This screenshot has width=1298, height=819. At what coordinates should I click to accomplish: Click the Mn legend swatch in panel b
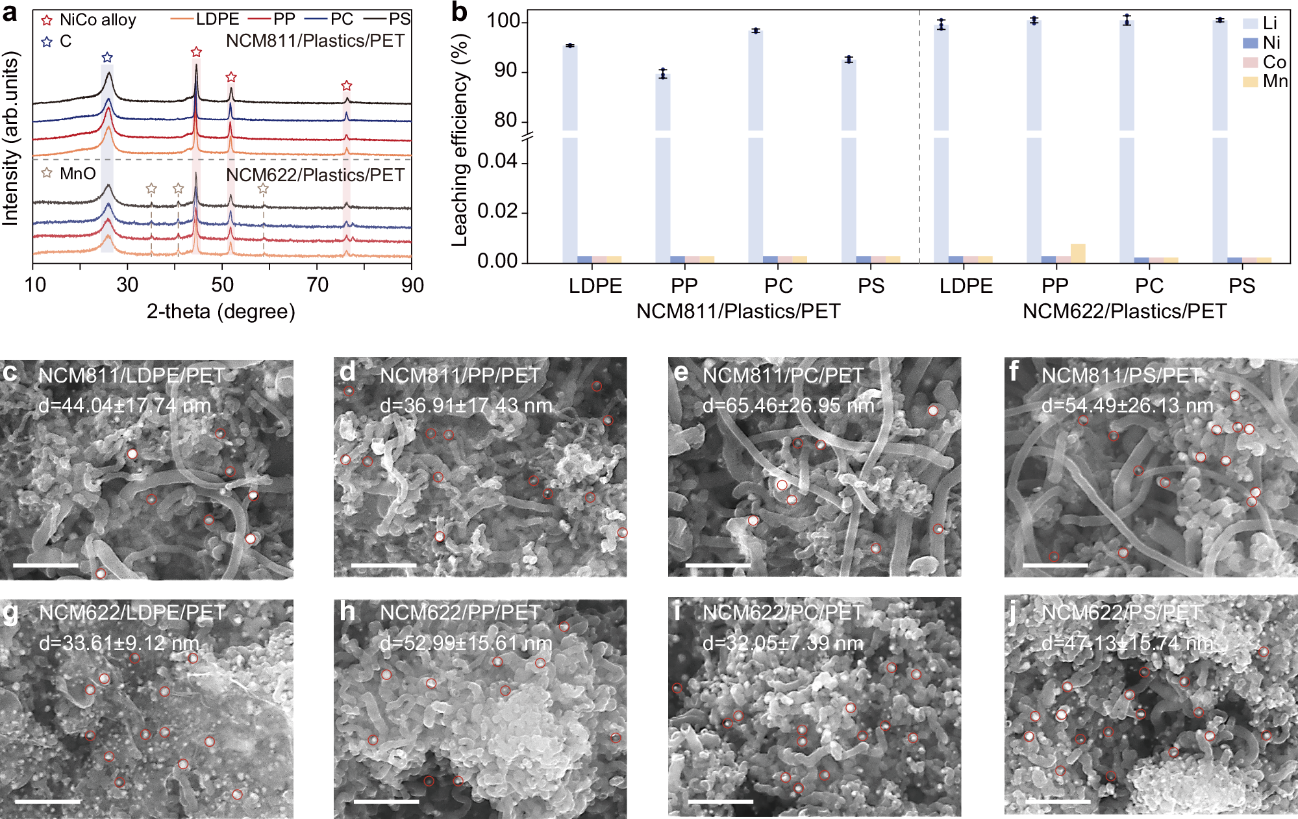[1251, 82]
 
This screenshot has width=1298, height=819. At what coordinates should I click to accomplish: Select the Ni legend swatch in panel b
[1251, 43]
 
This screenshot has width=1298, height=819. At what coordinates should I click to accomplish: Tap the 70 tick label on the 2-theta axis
[318, 285]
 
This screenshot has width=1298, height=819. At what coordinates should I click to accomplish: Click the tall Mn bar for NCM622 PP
[1078, 253]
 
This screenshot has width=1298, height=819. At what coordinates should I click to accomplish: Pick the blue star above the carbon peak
[107, 58]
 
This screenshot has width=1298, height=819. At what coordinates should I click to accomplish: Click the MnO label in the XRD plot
[77, 173]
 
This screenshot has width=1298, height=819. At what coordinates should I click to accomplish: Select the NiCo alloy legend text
[97, 20]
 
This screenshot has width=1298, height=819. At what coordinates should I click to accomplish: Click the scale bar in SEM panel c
[45, 565]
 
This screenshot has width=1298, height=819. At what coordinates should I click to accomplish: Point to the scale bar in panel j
[1058, 801]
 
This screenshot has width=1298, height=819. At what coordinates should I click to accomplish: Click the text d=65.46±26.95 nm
[788, 406]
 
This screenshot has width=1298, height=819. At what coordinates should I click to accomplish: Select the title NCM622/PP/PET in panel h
[460, 612]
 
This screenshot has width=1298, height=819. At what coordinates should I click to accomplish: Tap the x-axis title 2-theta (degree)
[221, 312]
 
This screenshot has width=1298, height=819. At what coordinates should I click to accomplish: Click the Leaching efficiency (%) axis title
[460, 140]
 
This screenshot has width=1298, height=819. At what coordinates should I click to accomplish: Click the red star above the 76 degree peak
[347, 86]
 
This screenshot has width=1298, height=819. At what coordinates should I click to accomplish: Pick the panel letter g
[10, 613]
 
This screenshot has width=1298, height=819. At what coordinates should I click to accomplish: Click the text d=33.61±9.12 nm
[119, 644]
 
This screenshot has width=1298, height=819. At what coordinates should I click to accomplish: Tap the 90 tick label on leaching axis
[506, 71]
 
